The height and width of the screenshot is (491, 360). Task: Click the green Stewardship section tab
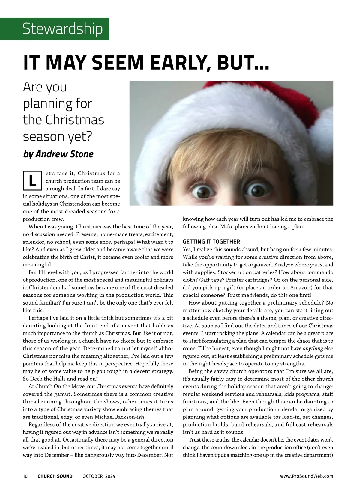62,29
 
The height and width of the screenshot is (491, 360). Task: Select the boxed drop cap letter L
32,181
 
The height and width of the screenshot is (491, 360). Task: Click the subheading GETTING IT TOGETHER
211,242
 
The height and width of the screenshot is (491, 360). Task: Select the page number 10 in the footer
25,476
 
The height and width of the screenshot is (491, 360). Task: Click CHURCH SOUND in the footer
55,476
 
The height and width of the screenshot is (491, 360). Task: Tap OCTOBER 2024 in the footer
99,476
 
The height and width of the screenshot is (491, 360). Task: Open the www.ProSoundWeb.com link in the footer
306,476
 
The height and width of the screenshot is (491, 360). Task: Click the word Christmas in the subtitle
75,120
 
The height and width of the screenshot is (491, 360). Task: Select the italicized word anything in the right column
313,349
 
